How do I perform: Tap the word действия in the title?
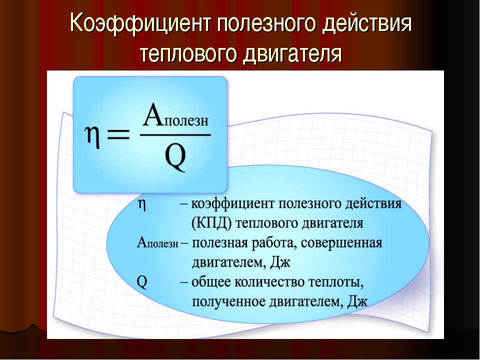(x=367, y=24)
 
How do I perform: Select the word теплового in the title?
(x=188, y=54)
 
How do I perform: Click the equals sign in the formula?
(x=118, y=134)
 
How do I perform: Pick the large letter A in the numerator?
(x=153, y=115)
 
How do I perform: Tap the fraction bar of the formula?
(x=175, y=134)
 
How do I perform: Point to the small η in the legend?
(x=142, y=204)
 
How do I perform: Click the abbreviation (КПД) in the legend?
(x=211, y=223)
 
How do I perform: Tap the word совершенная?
(x=341, y=243)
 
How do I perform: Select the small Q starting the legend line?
(x=142, y=282)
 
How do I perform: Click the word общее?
(x=210, y=282)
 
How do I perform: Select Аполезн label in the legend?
(x=157, y=243)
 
